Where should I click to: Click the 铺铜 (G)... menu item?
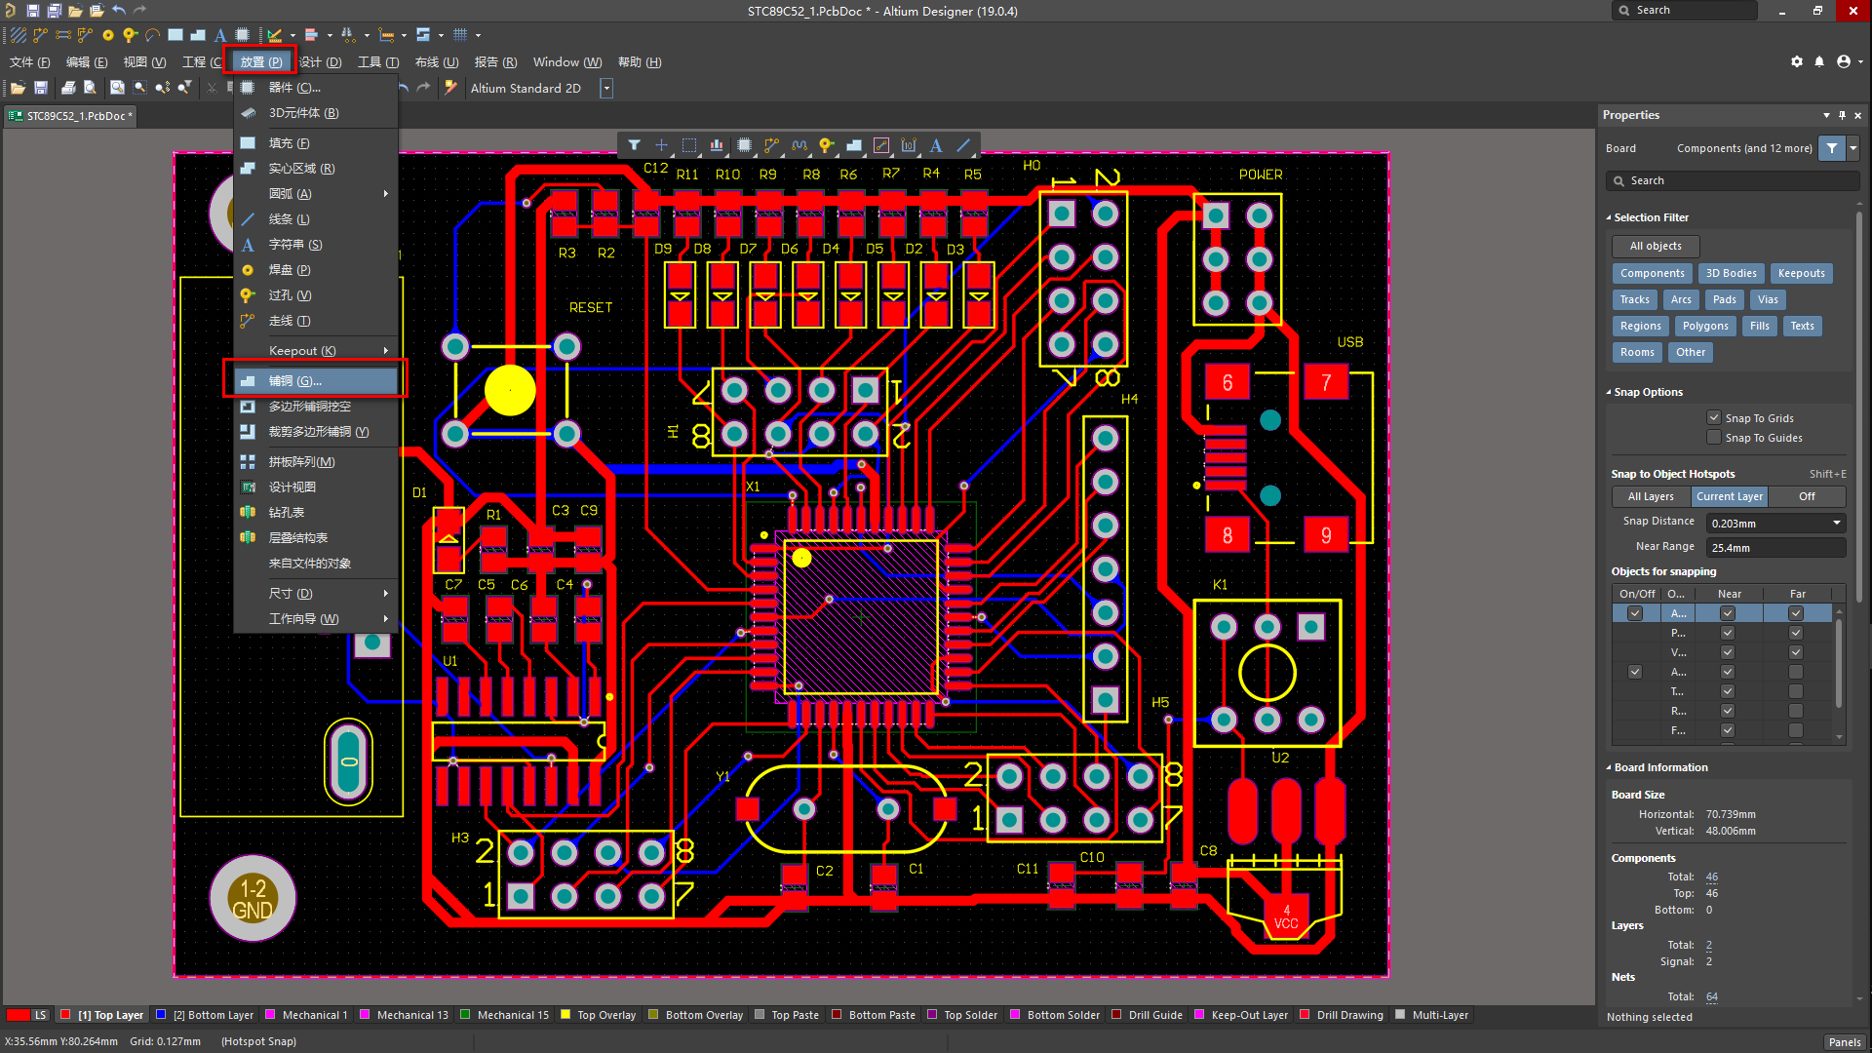click(x=295, y=380)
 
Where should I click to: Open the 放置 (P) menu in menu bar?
click(x=260, y=61)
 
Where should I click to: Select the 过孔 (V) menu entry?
click(x=290, y=294)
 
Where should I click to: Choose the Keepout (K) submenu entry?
click(x=302, y=350)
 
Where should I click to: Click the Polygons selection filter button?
click(x=1704, y=326)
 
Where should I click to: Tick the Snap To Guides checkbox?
click(x=1714, y=438)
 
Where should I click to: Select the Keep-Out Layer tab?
click(x=1249, y=1015)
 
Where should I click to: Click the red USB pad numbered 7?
click(x=1325, y=382)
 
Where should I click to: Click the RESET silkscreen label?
click(x=591, y=307)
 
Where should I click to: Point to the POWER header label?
click(x=1260, y=175)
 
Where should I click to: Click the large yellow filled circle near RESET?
click(x=510, y=390)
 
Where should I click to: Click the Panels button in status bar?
click(x=1844, y=1041)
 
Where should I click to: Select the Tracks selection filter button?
click(x=1634, y=299)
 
